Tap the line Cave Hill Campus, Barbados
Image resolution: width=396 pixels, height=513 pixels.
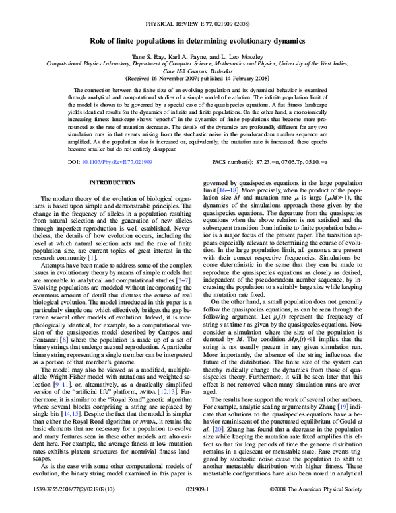point(197,70)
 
